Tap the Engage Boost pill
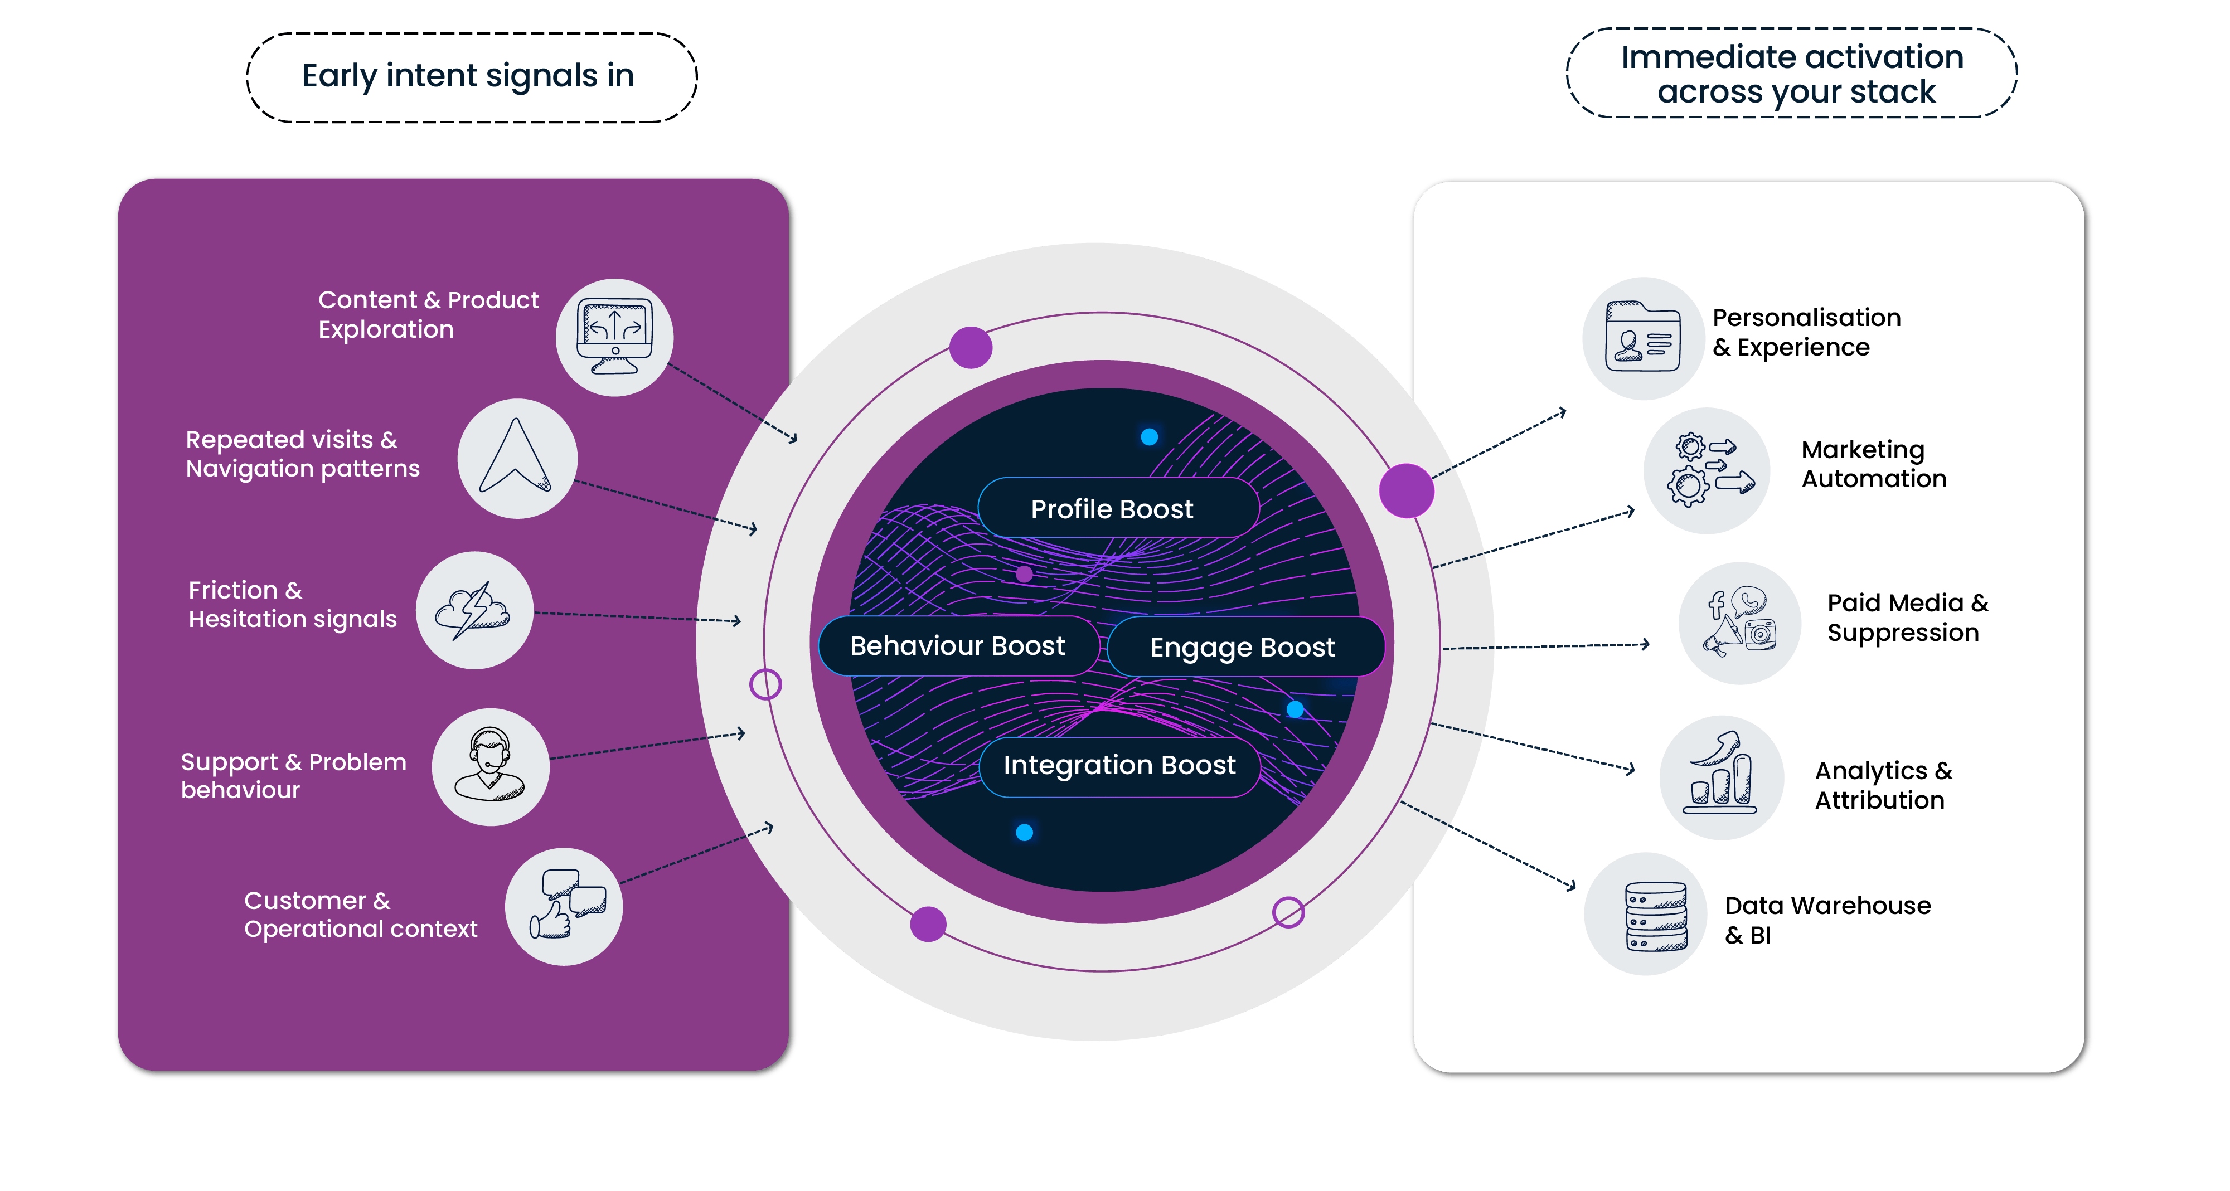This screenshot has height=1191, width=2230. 1244,646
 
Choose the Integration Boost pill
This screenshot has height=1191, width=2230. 1119,766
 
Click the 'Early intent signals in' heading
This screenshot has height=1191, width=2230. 468,77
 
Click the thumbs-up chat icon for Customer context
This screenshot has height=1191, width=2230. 564,906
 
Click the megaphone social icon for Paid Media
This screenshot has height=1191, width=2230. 1740,623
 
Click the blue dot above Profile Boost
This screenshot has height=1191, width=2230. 1149,437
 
